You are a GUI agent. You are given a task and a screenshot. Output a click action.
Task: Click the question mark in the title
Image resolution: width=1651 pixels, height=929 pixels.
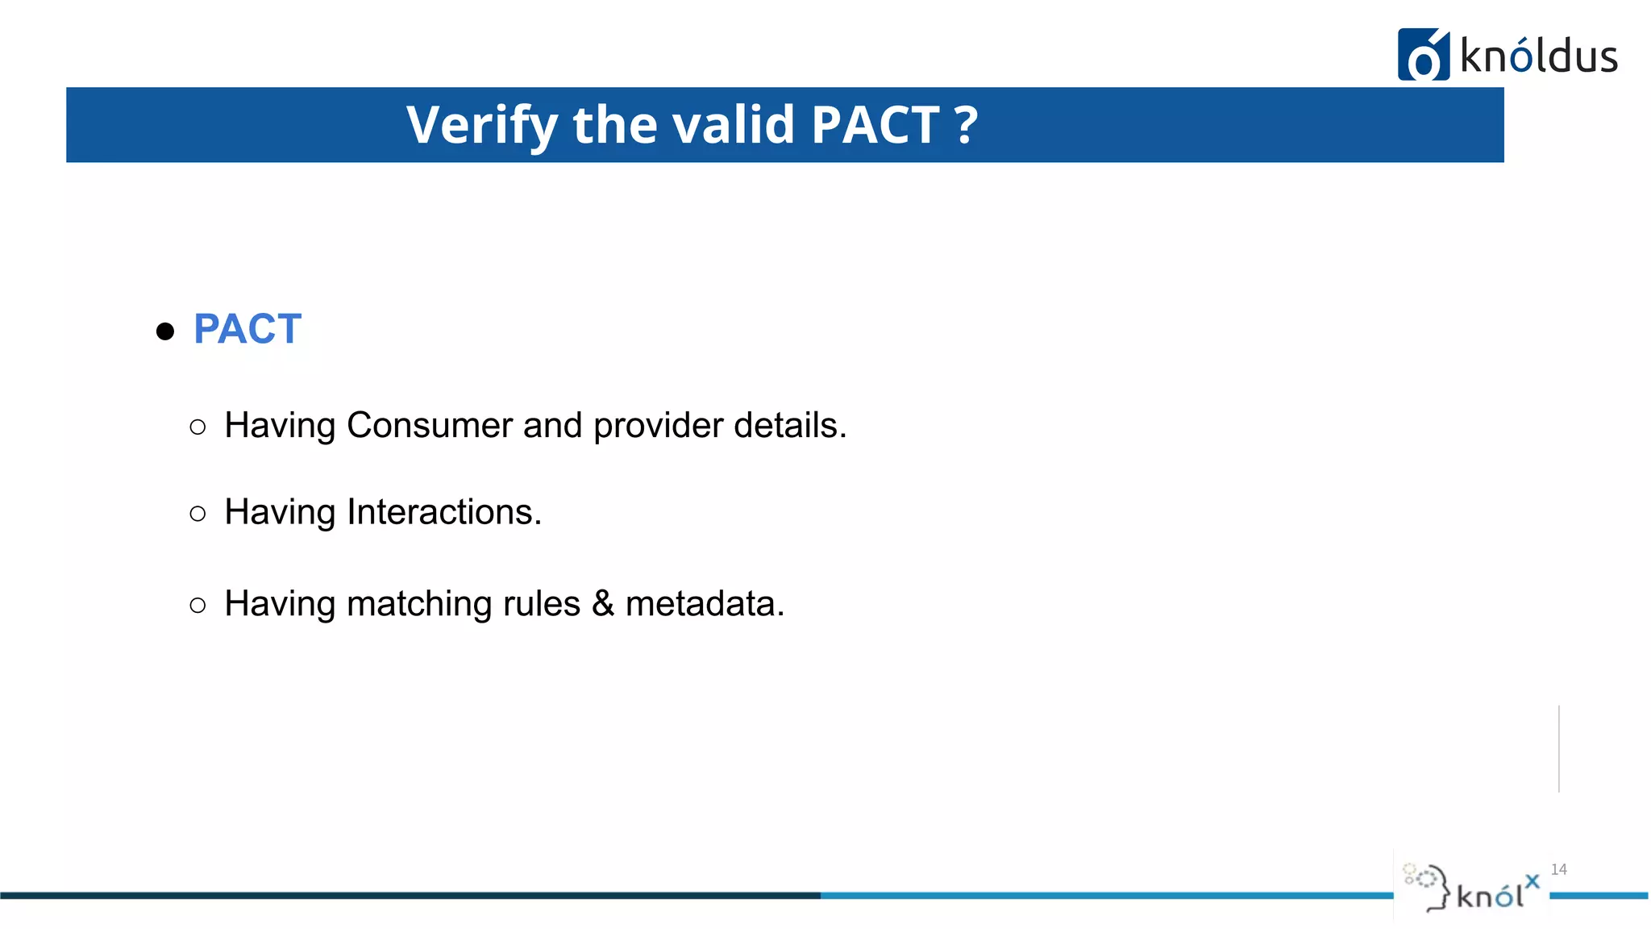tap(966, 125)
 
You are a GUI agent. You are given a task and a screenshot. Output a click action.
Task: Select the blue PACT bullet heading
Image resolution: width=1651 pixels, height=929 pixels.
tap(247, 329)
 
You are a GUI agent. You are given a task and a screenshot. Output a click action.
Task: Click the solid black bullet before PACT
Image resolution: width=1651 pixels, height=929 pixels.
tap(165, 331)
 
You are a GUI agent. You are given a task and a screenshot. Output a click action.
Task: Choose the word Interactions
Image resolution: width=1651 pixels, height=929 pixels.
tap(444, 512)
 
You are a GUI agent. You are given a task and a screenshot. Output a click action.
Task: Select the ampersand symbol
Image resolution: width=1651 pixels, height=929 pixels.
tap(602, 604)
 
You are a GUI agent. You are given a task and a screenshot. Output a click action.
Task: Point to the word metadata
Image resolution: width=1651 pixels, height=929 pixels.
tap(705, 604)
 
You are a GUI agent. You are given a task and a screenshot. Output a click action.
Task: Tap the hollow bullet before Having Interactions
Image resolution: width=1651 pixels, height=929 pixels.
tap(198, 514)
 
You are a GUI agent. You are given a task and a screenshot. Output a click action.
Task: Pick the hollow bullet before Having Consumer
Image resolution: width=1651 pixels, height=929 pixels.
tap(198, 427)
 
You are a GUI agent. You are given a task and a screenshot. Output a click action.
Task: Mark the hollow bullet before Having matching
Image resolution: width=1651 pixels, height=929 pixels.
tap(198, 606)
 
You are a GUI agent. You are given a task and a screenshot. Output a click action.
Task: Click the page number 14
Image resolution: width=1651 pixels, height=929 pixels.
tap(1558, 869)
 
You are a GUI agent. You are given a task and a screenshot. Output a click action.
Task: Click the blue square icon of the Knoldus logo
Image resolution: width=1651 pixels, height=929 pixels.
tap(1423, 55)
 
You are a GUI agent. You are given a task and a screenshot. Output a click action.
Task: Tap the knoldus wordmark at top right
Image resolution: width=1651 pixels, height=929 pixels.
tap(1538, 57)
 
